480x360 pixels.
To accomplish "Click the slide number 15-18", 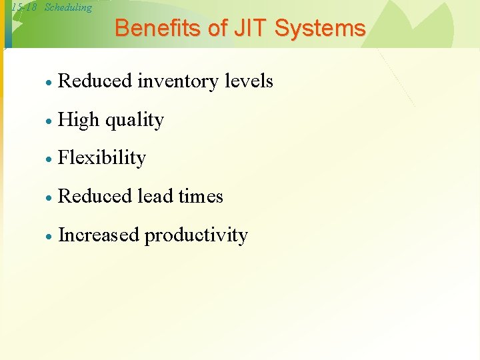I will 24,8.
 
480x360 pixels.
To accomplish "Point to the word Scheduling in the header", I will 68,8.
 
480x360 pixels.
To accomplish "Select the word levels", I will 249,81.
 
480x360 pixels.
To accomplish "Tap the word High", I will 78,120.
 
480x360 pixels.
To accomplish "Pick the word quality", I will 134,121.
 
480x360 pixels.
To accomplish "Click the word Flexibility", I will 102,158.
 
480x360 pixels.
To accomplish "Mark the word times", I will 201,196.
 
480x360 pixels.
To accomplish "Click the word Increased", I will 99,235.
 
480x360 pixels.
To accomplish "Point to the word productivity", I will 196,235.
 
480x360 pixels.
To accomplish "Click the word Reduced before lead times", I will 95,196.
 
